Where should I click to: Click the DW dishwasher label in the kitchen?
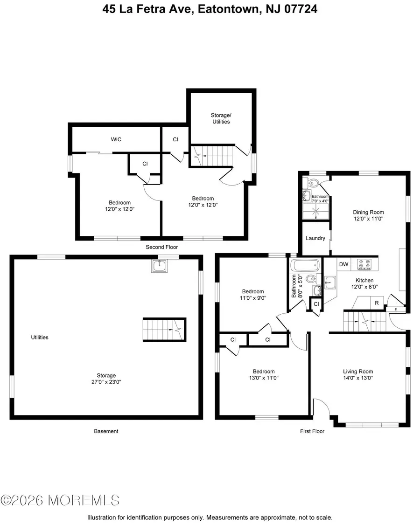point(343,264)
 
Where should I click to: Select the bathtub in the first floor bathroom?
point(305,266)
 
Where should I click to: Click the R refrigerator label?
point(376,303)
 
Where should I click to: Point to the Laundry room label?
point(315,238)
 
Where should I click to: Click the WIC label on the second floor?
point(116,139)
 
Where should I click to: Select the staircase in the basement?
point(164,330)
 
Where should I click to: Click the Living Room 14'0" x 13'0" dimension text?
point(359,378)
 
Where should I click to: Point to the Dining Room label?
point(368,212)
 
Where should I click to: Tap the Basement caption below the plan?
point(106,431)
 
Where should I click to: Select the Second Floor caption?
point(162,247)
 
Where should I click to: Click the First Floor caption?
point(312,431)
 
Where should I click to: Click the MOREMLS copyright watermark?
point(60,501)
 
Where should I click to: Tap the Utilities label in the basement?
point(40,337)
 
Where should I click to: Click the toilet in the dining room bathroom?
point(313,181)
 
